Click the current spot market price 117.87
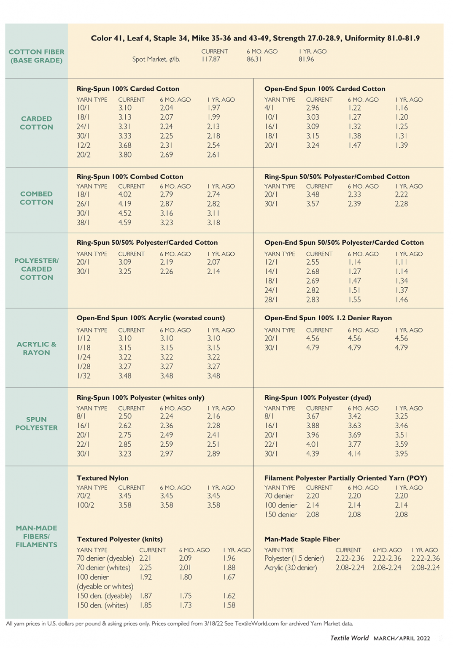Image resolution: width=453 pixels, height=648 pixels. pyautogui.click(x=210, y=59)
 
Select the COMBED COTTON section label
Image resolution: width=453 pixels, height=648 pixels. pyautogui.click(x=37, y=198)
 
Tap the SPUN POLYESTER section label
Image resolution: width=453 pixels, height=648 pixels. pyautogui.click(x=37, y=424)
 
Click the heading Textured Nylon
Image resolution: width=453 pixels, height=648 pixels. pyautogui.click(x=102, y=478)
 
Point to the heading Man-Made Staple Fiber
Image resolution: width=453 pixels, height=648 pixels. pyautogui.click(x=302, y=539)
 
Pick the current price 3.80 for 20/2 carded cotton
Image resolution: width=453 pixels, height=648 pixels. pyautogui.click(x=125, y=155)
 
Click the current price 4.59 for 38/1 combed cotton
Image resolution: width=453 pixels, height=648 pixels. pyautogui.click(x=125, y=223)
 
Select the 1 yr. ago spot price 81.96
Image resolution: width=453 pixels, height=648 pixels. pyautogui.click(x=306, y=59)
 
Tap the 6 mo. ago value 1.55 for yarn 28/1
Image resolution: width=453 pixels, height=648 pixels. pyautogui.click(x=355, y=300)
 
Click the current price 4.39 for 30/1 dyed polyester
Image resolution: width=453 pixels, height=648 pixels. pyautogui.click(x=313, y=454)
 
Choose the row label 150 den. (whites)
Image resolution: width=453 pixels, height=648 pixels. pyautogui.click(x=102, y=605)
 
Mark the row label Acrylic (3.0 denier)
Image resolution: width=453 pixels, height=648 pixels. pyautogui.click(x=291, y=568)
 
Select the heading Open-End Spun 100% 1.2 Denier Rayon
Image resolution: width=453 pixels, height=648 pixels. pyautogui.click(x=328, y=318)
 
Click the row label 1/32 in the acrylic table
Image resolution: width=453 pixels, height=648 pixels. pyautogui.click(x=84, y=376)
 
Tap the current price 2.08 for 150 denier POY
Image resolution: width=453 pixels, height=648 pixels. pyautogui.click(x=313, y=515)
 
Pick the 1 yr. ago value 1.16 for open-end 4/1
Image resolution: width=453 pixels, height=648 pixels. pyautogui.click(x=402, y=108)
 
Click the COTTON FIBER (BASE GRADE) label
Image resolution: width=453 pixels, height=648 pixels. pyautogui.click(x=37, y=56)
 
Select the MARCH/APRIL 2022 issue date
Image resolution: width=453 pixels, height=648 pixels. pyautogui.click(x=402, y=638)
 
